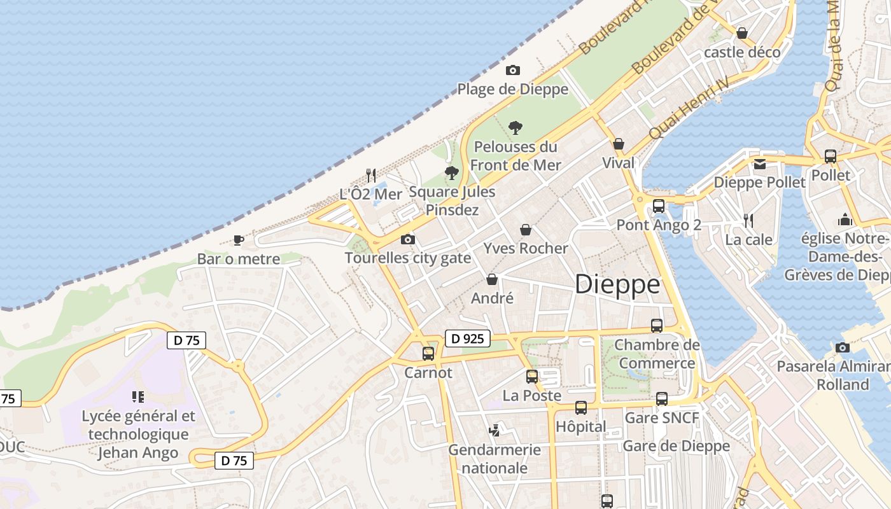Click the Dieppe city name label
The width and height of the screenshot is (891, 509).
click(x=617, y=284)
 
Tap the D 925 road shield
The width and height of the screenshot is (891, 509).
click(x=467, y=339)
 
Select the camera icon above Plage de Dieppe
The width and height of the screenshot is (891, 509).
click(x=512, y=71)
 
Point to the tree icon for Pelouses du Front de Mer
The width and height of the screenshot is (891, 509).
click(x=516, y=128)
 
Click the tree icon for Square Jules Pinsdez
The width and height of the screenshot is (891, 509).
click(x=452, y=172)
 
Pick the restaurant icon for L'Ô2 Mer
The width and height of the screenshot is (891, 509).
click(x=371, y=175)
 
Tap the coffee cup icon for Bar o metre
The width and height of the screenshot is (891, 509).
click(x=239, y=240)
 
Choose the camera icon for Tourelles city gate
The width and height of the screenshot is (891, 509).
click(x=408, y=240)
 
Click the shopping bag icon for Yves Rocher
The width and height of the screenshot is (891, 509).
click(x=526, y=230)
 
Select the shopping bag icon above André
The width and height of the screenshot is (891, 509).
click(x=492, y=279)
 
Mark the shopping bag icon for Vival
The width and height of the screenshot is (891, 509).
click(x=619, y=144)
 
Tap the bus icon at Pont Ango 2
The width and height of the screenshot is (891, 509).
click(x=659, y=206)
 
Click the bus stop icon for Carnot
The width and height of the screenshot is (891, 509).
click(x=428, y=354)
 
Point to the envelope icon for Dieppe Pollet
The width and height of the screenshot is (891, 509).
click(x=760, y=164)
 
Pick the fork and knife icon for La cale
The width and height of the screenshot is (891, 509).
click(x=749, y=221)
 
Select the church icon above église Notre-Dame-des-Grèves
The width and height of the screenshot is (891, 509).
click(x=845, y=220)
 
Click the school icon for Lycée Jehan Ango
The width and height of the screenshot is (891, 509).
click(x=138, y=398)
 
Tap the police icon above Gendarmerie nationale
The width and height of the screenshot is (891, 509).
click(x=494, y=431)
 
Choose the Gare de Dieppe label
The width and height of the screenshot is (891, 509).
click(x=676, y=446)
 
